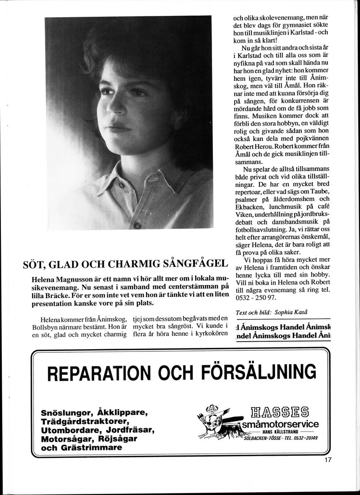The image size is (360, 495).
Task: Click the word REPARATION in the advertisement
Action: [x=102, y=372]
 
